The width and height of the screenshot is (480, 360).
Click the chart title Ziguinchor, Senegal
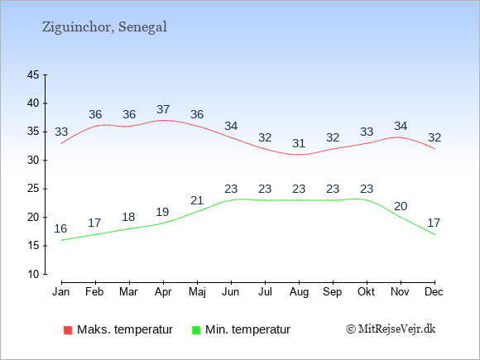coord(104,27)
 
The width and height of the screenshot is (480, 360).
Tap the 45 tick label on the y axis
coord(33,74)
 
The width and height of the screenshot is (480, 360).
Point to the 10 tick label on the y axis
coord(33,274)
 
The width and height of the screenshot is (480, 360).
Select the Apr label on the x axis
coord(163,292)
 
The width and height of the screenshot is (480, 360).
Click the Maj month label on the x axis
coord(197,292)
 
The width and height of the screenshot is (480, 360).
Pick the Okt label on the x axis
coord(366,291)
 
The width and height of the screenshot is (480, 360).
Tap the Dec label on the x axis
coord(434,291)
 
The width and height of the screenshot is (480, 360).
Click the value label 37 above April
coord(163,109)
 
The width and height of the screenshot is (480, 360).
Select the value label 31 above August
coord(299,143)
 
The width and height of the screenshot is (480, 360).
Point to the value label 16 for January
coord(60,228)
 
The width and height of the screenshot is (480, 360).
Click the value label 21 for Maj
coord(197,200)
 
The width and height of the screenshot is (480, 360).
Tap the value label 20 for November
coord(401,206)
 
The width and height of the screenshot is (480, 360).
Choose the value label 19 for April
coord(162,212)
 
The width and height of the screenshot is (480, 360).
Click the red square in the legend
coord(68,330)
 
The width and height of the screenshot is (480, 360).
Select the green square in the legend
coord(196,330)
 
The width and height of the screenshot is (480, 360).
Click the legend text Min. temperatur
coord(247,329)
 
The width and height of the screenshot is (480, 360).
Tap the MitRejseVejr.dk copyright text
coord(391,329)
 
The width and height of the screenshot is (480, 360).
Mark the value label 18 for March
coord(128,217)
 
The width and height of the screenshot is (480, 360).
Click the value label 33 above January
coord(61,132)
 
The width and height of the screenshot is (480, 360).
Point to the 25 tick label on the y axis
coord(33,189)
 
